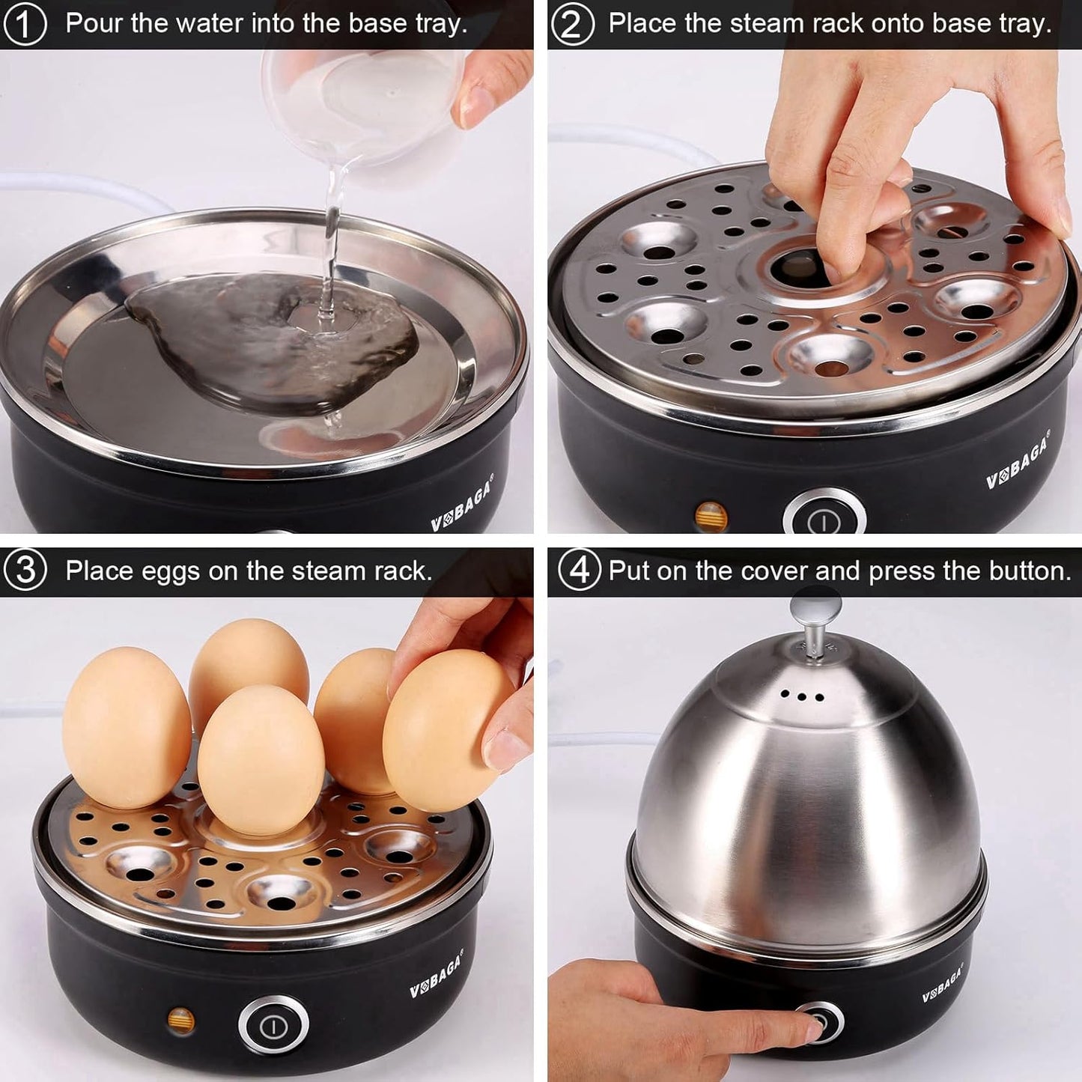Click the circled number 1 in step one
point(25,24)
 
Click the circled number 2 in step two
point(572,24)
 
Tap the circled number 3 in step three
point(25,571)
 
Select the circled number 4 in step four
point(579,571)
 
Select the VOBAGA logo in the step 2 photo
point(1018,460)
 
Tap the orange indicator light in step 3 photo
point(180,1020)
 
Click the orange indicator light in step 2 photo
point(711,515)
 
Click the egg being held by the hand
point(443,730)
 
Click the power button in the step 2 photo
point(824,517)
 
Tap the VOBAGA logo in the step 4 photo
point(942,985)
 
